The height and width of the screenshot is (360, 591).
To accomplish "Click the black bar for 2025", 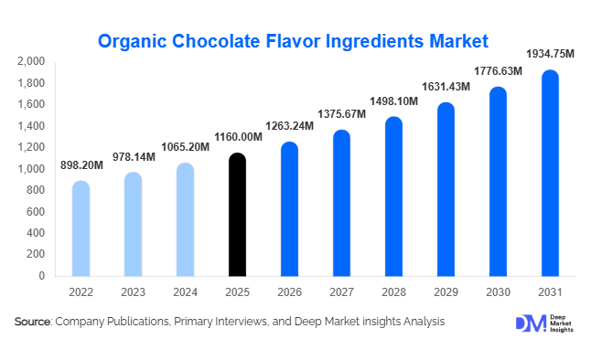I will pyautogui.click(x=237, y=215).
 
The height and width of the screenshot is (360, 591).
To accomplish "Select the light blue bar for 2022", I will pyautogui.click(x=81, y=228).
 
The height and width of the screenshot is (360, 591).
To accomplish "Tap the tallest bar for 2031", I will pyautogui.click(x=550, y=174).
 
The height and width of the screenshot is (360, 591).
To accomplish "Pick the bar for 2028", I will pyautogui.click(x=393, y=196).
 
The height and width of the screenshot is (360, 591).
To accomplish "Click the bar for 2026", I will pyautogui.click(x=289, y=209).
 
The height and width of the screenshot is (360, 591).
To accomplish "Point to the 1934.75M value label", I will pyautogui.click(x=549, y=54).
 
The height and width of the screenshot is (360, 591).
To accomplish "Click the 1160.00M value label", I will pyautogui.click(x=237, y=138).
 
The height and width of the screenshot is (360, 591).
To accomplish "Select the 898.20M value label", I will pyautogui.click(x=81, y=166).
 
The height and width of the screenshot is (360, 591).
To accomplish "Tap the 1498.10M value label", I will pyautogui.click(x=393, y=101).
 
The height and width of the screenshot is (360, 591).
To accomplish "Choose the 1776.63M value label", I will pyautogui.click(x=498, y=71).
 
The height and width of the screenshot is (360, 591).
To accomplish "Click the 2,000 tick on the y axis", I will pyautogui.click(x=31, y=61).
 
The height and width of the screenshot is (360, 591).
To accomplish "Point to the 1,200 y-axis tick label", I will pyautogui.click(x=31, y=147).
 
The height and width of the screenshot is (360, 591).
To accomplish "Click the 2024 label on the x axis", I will pyautogui.click(x=185, y=292).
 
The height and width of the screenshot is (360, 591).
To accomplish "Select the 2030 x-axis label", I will pyautogui.click(x=498, y=292).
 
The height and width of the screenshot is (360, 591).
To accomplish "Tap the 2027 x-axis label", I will pyautogui.click(x=341, y=292).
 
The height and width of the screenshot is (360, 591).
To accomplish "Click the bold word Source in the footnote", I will pyautogui.click(x=32, y=322).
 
